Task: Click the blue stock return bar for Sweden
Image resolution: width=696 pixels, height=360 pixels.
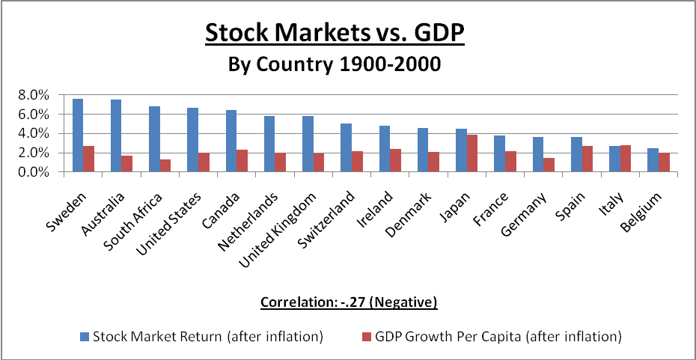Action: pos(78,135)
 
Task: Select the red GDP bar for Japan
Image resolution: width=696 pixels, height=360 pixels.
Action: pos(472,153)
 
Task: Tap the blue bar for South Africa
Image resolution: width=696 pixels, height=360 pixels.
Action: pos(154,139)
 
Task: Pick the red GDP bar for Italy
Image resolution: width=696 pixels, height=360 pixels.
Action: pos(626,159)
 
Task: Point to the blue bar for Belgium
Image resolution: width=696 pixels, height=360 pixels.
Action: pos(653,160)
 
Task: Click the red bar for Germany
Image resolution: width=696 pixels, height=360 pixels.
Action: pos(549,165)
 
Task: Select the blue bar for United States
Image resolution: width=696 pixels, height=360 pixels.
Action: pos(192,140)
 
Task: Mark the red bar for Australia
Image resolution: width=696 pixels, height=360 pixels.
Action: pos(127,164)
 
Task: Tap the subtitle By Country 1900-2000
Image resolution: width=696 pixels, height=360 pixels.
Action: pos(335,64)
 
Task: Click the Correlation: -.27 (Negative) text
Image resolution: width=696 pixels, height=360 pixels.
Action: pos(348,302)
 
